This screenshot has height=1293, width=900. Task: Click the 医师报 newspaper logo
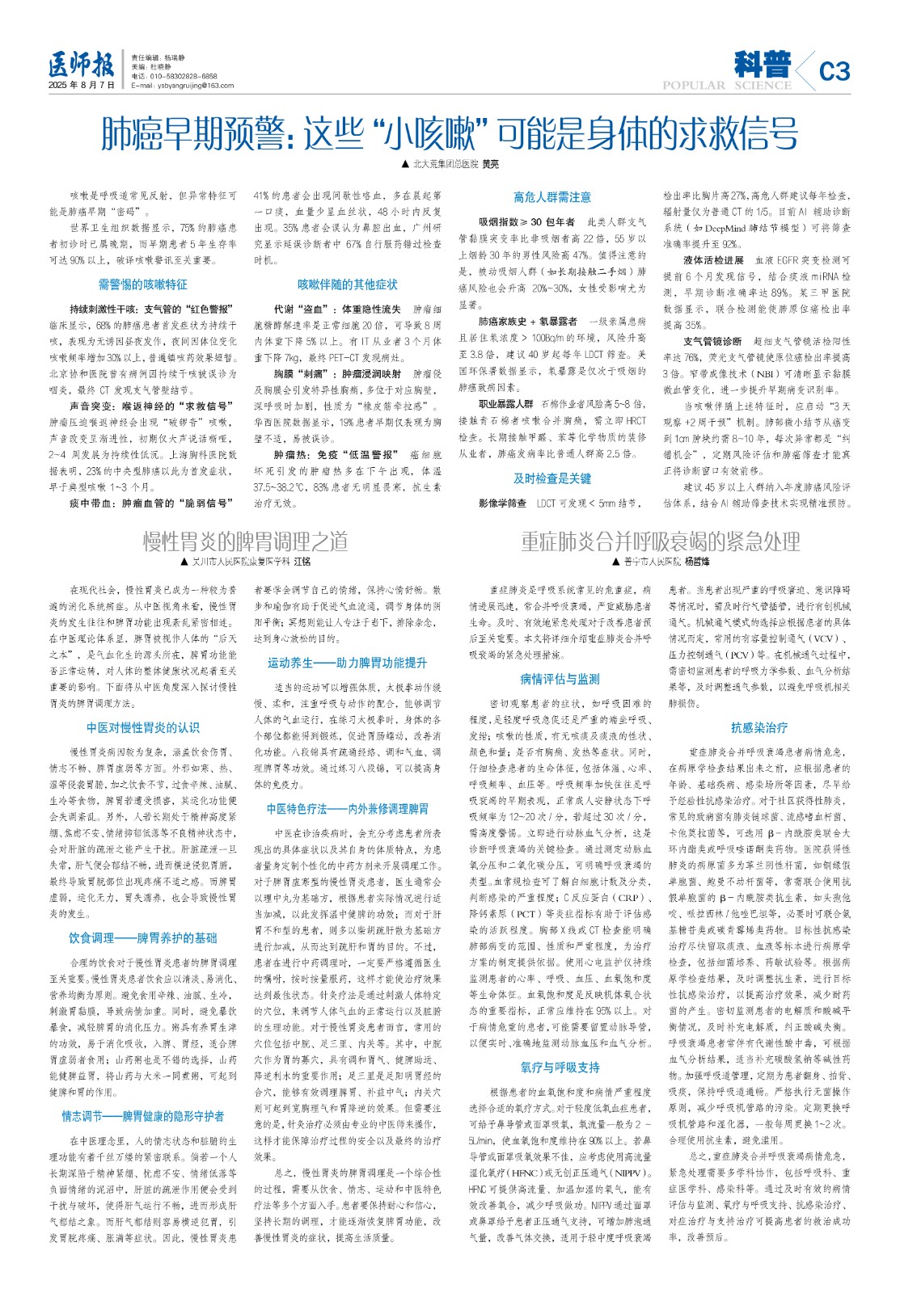(x=80, y=64)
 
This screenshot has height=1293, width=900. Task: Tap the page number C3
(x=835, y=72)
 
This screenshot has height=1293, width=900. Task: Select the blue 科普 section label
(x=762, y=63)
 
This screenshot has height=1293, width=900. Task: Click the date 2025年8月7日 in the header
(x=81, y=85)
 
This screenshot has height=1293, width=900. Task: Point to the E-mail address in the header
(x=182, y=86)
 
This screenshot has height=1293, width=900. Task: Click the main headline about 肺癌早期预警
(x=450, y=133)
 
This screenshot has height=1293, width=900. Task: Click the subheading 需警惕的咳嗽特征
(x=142, y=284)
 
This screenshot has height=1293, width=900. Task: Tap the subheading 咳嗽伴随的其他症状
(x=348, y=284)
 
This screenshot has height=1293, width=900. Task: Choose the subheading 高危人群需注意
(x=552, y=197)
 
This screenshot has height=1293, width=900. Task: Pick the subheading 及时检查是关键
(x=552, y=478)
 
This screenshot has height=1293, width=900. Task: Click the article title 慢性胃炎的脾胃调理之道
(x=246, y=541)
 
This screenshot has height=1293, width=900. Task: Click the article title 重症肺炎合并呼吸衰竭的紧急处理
(x=661, y=541)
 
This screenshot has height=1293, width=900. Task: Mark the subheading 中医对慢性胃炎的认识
(x=142, y=727)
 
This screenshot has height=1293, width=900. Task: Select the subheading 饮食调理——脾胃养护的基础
(x=142, y=938)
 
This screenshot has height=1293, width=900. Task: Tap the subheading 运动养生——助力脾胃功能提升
(x=348, y=663)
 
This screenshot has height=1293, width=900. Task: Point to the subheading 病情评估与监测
(x=560, y=679)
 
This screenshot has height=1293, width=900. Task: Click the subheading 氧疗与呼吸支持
(x=560, y=1068)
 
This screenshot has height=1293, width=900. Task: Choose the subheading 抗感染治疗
(x=758, y=727)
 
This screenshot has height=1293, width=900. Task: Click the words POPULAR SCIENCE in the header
(x=726, y=86)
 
